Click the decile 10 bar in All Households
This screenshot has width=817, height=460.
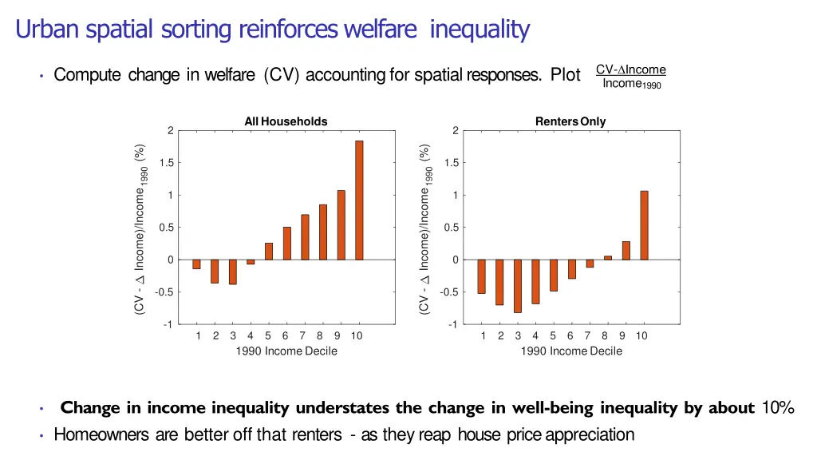[359, 200]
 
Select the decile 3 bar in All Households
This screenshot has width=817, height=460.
[233, 272]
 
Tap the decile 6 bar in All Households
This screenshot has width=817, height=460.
[287, 244]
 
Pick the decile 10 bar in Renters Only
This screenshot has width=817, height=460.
[644, 225]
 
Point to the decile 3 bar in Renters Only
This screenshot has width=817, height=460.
[518, 286]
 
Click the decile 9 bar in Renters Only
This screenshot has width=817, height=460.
[626, 251]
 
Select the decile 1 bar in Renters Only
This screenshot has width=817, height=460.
[481, 276]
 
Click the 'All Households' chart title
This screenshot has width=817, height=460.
[286, 121]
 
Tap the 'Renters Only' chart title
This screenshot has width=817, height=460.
[570, 121]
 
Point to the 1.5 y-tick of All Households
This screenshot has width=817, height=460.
[167, 163]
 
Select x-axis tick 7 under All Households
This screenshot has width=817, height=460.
[302, 335]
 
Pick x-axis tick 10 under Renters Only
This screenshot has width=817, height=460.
[641, 335]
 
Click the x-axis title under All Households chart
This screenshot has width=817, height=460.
[286, 351]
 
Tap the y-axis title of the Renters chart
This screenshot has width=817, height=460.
[427, 229]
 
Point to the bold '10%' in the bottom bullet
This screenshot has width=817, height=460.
[778, 408]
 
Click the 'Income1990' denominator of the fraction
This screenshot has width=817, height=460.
[632, 84]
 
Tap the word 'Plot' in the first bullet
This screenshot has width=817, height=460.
[565, 75]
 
